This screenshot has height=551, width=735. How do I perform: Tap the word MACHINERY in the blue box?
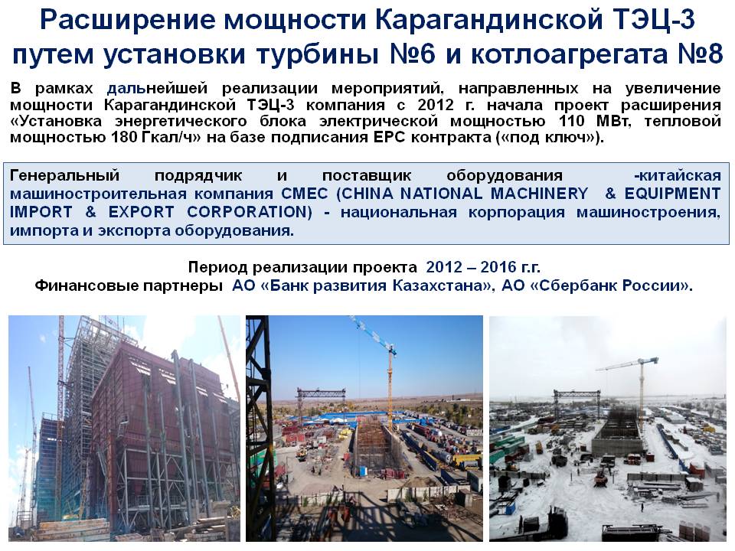click(539, 194)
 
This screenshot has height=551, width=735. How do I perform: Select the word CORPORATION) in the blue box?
click(250, 212)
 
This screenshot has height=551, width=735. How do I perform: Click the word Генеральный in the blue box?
click(64, 175)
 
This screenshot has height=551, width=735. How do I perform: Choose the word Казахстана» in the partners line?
click(443, 285)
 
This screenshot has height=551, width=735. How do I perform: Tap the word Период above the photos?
click(218, 267)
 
